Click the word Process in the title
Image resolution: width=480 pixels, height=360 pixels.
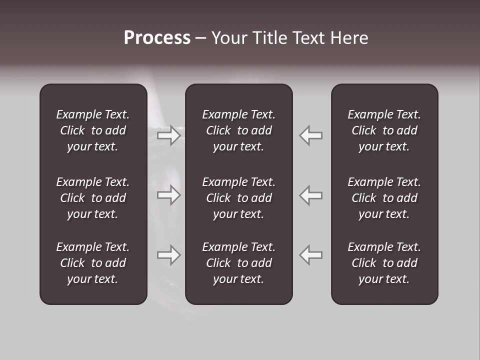(157, 38)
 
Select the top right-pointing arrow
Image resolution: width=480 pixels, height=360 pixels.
(169, 135)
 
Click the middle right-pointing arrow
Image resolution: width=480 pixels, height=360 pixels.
(169, 195)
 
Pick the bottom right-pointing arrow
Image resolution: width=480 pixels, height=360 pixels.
(169, 255)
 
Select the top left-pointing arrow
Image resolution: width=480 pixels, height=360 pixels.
(310, 135)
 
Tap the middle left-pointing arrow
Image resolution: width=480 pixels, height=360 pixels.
(310, 195)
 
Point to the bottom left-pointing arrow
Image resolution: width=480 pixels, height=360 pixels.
(310, 255)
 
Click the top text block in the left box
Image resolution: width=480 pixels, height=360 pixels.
(93, 130)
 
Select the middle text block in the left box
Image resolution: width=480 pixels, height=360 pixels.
(93, 198)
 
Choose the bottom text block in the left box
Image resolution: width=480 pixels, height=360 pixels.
(93, 263)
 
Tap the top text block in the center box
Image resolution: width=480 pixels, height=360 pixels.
(238, 130)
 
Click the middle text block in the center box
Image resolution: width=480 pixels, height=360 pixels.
(238, 198)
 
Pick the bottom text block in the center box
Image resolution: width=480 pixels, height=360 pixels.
(238, 263)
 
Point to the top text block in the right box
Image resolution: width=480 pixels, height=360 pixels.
(384, 130)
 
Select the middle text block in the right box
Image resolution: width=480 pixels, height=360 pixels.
(384, 198)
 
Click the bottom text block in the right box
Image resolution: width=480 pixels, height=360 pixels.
(384, 263)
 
